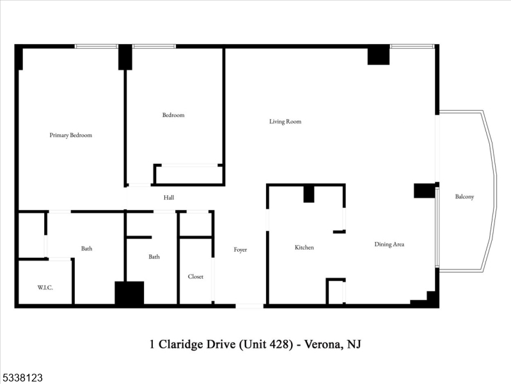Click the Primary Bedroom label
point(71,135)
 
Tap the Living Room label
point(285,122)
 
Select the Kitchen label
point(304,248)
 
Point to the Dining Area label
point(389,244)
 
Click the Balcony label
point(464,197)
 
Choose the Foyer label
point(240,250)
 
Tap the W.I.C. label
point(45,288)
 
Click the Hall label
point(169,198)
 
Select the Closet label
point(196,276)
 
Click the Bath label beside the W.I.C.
point(86,248)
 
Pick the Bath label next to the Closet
point(154,257)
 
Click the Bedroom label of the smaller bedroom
point(173,115)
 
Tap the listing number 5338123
point(22,378)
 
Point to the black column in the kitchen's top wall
point(309,193)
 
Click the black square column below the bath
point(129,293)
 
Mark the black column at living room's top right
point(378,55)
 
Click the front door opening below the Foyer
point(249,306)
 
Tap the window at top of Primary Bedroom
point(96,46)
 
